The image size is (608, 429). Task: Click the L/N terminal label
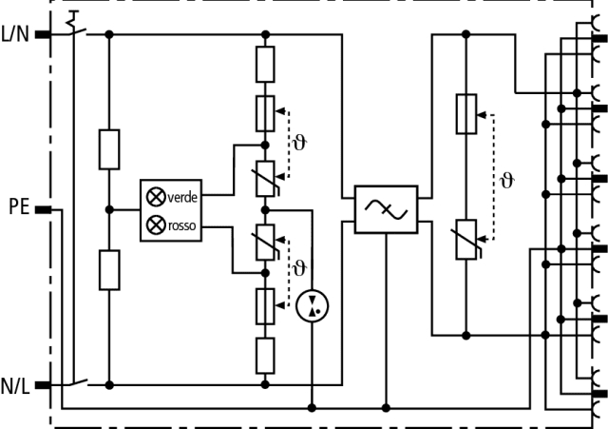pos(16,35)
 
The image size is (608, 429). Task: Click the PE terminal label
pos(19,207)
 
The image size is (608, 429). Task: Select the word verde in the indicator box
pos(181,198)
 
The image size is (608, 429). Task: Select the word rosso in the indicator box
pos(181,226)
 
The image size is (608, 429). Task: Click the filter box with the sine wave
pos(386,209)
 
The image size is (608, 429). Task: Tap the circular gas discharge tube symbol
pos(310,305)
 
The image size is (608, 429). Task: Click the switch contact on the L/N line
pos(75,29)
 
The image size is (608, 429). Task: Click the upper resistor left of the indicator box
pos(109,149)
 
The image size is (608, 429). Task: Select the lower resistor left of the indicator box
pos(109,269)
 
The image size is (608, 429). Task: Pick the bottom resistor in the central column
pos(265,355)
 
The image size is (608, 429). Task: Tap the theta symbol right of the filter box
pos(506,180)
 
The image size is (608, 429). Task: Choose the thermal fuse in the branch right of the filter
pos(465,115)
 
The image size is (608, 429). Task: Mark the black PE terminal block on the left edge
pos(44,208)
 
